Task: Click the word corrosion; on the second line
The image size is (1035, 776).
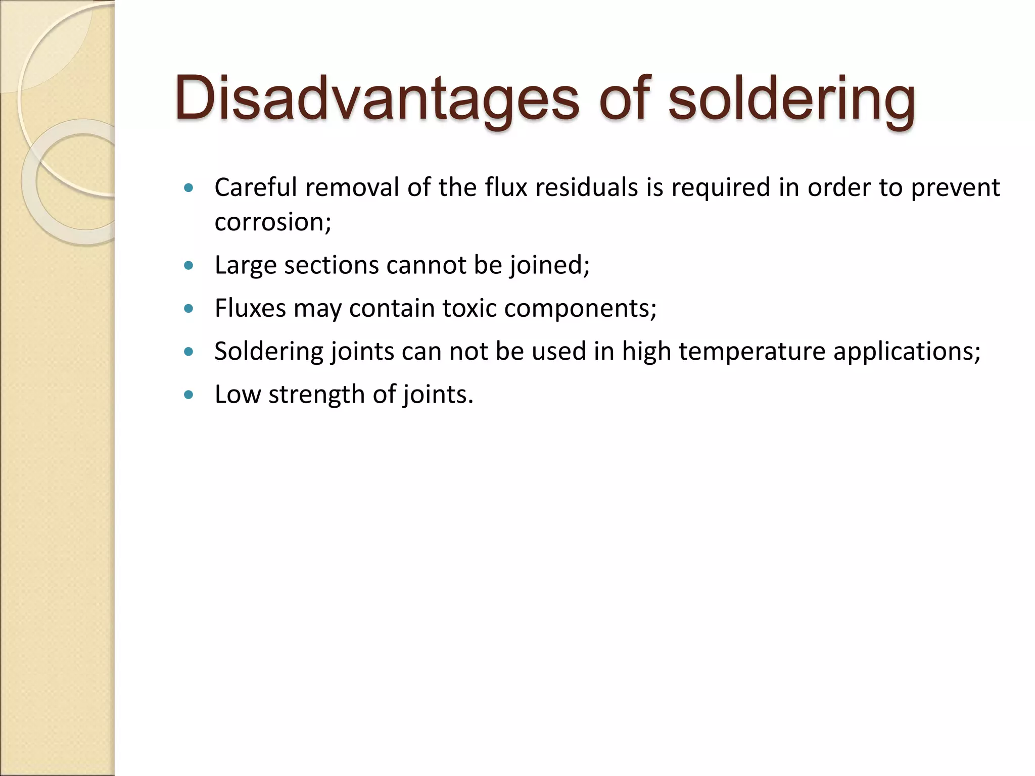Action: (x=273, y=222)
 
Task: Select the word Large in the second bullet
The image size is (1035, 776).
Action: (x=246, y=265)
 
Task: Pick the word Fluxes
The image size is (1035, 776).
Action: (x=250, y=308)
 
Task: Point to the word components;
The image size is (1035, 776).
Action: (x=580, y=308)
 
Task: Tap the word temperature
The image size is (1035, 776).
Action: (x=752, y=351)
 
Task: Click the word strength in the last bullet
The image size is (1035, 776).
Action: (x=317, y=394)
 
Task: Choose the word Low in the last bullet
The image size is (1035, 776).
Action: (x=237, y=394)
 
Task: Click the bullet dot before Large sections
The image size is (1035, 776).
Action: (x=189, y=265)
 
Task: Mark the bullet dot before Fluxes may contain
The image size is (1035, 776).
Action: (x=189, y=309)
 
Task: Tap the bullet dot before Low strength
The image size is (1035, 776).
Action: (x=189, y=395)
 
